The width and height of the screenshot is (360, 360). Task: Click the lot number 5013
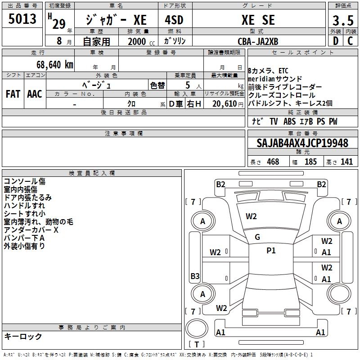(22, 19)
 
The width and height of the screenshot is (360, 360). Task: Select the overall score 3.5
(343, 20)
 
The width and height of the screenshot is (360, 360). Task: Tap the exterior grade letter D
(336, 41)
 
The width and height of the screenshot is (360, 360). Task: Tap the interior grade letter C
(350, 41)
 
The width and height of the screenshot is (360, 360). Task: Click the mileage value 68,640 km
(55, 65)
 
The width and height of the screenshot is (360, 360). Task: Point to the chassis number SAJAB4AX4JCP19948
(302, 143)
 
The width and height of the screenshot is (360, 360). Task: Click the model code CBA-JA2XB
(258, 41)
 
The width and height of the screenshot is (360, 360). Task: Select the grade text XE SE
(258, 20)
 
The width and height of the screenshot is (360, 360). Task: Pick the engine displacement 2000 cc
(141, 41)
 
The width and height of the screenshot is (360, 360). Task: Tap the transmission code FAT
(13, 94)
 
